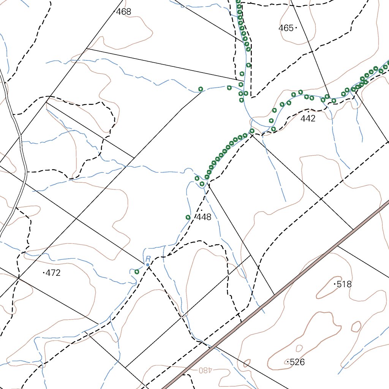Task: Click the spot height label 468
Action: click(123, 12)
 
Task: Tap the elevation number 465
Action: click(286, 28)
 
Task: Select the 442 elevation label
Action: click(308, 119)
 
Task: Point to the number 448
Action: click(204, 217)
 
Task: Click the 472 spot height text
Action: click(53, 273)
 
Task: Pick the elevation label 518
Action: click(345, 284)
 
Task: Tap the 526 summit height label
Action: click(297, 362)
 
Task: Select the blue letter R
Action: click(148, 259)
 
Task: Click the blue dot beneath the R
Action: click(147, 264)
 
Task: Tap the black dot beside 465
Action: click(296, 28)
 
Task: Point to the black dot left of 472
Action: click(44, 272)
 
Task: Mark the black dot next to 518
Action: click(335, 284)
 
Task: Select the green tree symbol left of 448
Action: click(188, 217)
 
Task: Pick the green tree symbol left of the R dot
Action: click(137, 271)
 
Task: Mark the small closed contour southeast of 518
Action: click(356, 326)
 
